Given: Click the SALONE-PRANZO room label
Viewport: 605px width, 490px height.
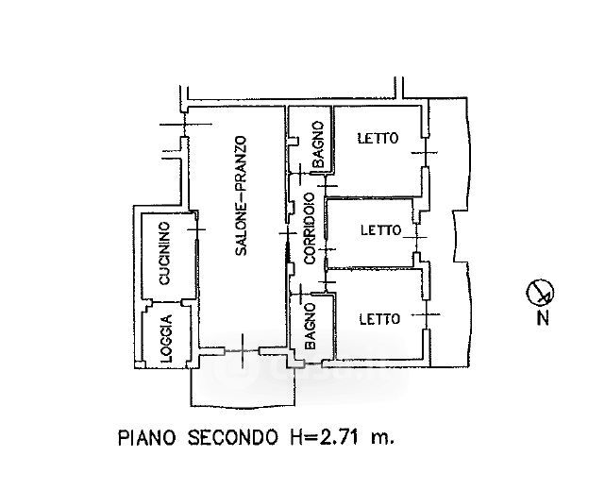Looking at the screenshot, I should (x=241, y=196).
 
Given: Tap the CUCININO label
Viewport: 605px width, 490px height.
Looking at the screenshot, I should (x=163, y=253).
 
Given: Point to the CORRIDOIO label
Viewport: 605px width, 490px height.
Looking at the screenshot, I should (x=309, y=229).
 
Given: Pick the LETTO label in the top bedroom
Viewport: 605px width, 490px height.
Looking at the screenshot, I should (x=378, y=139).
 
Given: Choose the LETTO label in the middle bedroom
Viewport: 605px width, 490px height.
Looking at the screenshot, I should (x=381, y=229).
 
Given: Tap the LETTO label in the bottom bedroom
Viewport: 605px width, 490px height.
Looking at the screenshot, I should (x=379, y=318).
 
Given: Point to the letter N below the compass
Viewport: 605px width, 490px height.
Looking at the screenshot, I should (x=543, y=318).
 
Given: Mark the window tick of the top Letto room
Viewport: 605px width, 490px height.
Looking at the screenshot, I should (x=429, y=154).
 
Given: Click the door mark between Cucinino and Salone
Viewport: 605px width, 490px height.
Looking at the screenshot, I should (x=195, y=228).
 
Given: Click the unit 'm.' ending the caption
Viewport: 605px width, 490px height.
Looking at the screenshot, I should (x=381, y=438).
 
